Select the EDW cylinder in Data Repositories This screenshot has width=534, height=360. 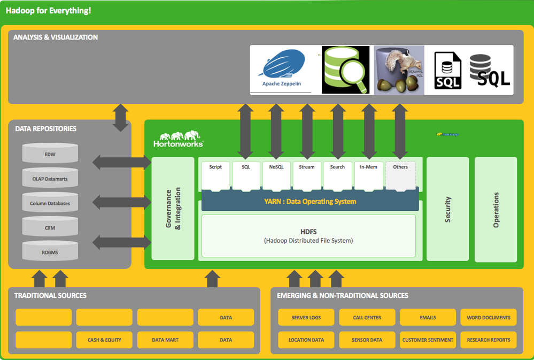click(x=50, y=153)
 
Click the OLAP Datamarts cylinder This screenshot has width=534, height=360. click(x=50, y=178)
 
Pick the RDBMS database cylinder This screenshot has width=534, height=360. click(x=50, y=251)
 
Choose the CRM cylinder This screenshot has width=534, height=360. click(x=50, y=227)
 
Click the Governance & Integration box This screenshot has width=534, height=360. click(x=173, y=208)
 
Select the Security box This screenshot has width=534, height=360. click(x=447, y=209)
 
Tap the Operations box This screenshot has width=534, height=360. click(x=496, y=209)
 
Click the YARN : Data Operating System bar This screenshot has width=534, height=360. click(x=309, y=202)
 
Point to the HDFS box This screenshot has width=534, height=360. click(x=308, y=235)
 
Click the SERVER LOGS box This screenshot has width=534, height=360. click(x=306, y=317)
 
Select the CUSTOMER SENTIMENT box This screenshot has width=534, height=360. click(x=428, y=340)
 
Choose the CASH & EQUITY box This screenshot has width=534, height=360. click(x=104, y=340)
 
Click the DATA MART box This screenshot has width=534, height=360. click(x=165, y=340)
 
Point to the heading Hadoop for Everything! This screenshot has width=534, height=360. click(x=49, y=10)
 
